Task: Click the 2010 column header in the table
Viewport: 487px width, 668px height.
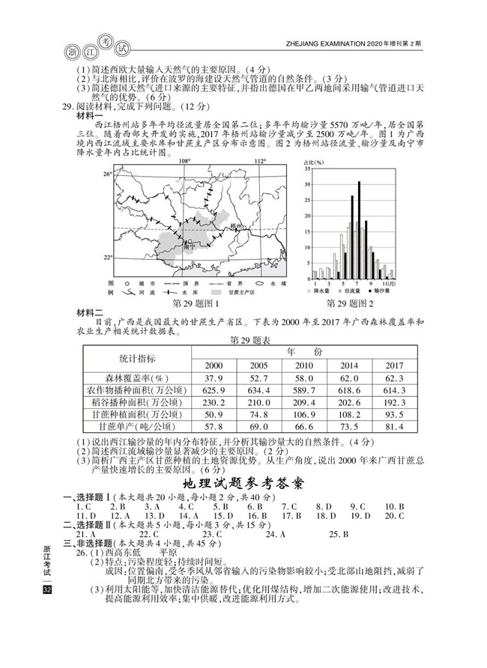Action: coord(303,365)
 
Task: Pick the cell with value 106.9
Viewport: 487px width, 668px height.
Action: coord(303,414)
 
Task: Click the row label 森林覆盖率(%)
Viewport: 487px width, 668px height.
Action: coord(138,378)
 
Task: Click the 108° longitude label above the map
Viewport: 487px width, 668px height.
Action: coord(184,161)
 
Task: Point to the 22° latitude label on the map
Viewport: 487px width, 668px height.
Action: coord(107,256)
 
